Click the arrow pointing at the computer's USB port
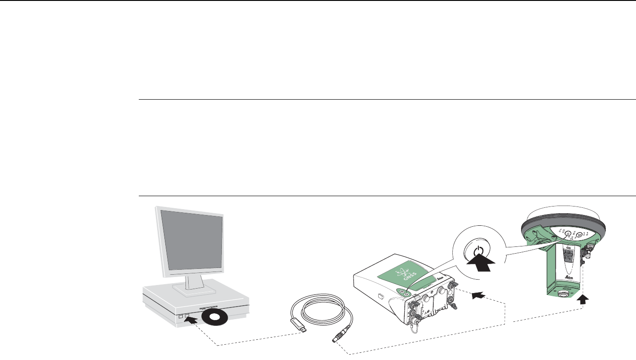[191, 319]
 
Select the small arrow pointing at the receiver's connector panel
[478, 294]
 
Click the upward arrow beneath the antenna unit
[583, 300]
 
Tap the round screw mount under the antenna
[562, 294]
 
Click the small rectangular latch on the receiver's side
[380, 296]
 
